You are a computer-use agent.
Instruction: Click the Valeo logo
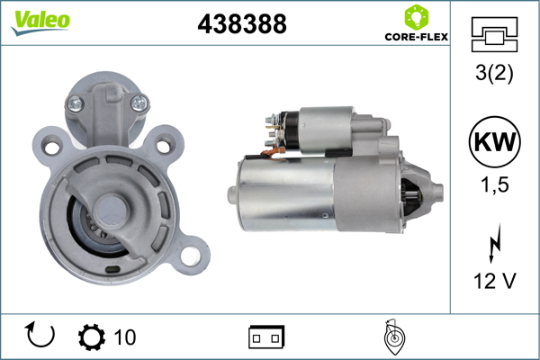[x=40, y=22]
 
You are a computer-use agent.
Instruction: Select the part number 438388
[x=242, y=24]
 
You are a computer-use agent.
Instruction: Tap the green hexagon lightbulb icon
[x=417, y=17]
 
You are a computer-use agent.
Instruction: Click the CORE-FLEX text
[x=417, y=37]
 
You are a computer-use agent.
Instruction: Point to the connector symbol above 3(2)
[x=494, y=34]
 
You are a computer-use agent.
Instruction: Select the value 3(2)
[x=494, y=73]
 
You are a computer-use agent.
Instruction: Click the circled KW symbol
[x=494, y=141]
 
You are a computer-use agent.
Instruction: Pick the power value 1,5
[x=494, y=185]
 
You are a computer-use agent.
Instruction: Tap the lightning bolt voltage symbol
[x=495, y=243]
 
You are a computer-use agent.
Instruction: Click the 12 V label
[x=494, y=281]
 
